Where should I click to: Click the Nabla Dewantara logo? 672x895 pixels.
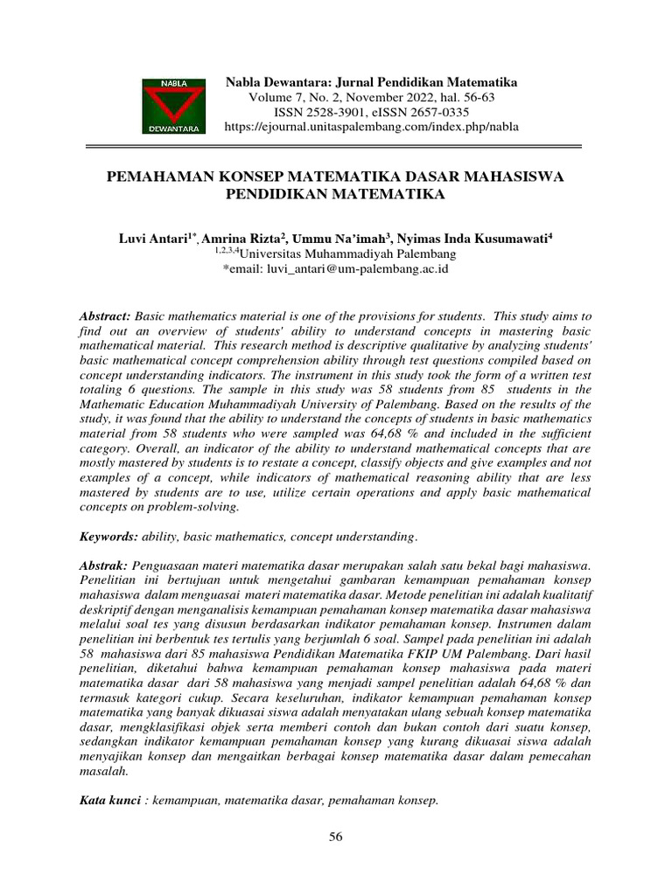coord(174,104)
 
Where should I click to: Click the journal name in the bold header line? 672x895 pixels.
coord(372,81)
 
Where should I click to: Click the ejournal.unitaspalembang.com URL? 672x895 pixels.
coord(372,127)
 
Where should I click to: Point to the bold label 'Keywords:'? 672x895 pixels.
coord(108,535)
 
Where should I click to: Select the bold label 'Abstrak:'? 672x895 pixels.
coord(104,565)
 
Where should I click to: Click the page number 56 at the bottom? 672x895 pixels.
coord(336,837)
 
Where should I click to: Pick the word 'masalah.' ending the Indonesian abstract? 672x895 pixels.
coord(104,772)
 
